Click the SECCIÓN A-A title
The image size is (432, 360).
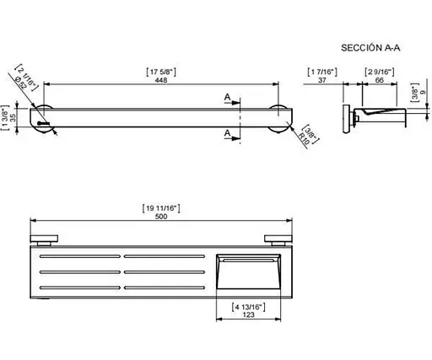click(370, 48)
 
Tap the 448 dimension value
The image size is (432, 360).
click(161, 80)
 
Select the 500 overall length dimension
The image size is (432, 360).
click(161, 217)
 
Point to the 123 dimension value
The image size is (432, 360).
click(248, 314)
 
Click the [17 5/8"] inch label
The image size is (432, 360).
click(161, 72)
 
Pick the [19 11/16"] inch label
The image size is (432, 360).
click(161, 208)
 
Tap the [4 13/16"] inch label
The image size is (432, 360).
click(248, 307)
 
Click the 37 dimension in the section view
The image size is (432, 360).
click(322, 80)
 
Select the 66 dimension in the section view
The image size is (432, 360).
click(380, 80)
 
